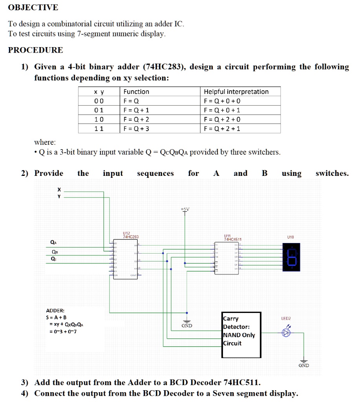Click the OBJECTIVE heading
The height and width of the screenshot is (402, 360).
pyautogui.click(x=33, y=7)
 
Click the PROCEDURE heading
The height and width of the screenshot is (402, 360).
pyautogui.click(x=35, y=50)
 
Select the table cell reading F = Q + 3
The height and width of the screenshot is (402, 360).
pyautogui.click(x=136, y=128)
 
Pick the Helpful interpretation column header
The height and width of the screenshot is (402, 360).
pyautogui.click(x=236, y=91)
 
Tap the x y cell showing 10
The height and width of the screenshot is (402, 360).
pyautogui.click(x=99, y=119)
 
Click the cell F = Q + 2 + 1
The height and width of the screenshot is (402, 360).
pyautogui.click(x=222, y=128)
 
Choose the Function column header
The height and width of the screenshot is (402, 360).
pyautogui.click(x=136, y=91)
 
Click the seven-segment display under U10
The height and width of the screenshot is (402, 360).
pyautogui.click(x=291, y=257)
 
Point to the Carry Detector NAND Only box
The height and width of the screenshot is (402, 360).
pyautogui.click(x=241, y=335)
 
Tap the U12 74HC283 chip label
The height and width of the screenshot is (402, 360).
pyautogui.click(x=130, y=235)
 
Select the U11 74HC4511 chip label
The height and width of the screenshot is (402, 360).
pyautogui.click(x=232, y=237)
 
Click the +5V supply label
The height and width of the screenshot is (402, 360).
pyautogui.click(x=185, y=209)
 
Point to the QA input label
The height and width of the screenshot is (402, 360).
pyautogui.click(x=53, y=242)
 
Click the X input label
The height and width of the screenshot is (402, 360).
pyautogui.click(x=59, y=190)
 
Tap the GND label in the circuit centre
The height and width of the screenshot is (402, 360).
pyautogui.click(x=186, y=325)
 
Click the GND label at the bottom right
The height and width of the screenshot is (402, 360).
pyautogui.click(x=303, y=365)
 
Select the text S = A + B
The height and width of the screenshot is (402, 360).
pyautogui.click(x=57, y=317)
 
